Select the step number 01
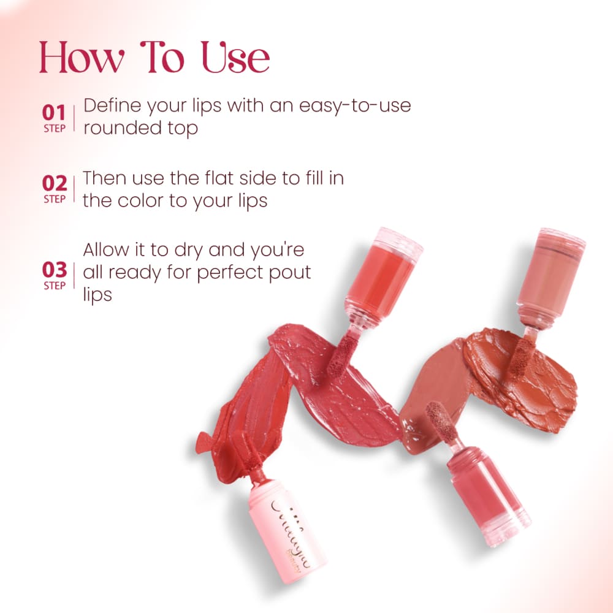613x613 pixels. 54,112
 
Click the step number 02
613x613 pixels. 54,183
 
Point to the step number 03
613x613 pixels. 54,269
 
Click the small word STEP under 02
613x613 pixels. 54,199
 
